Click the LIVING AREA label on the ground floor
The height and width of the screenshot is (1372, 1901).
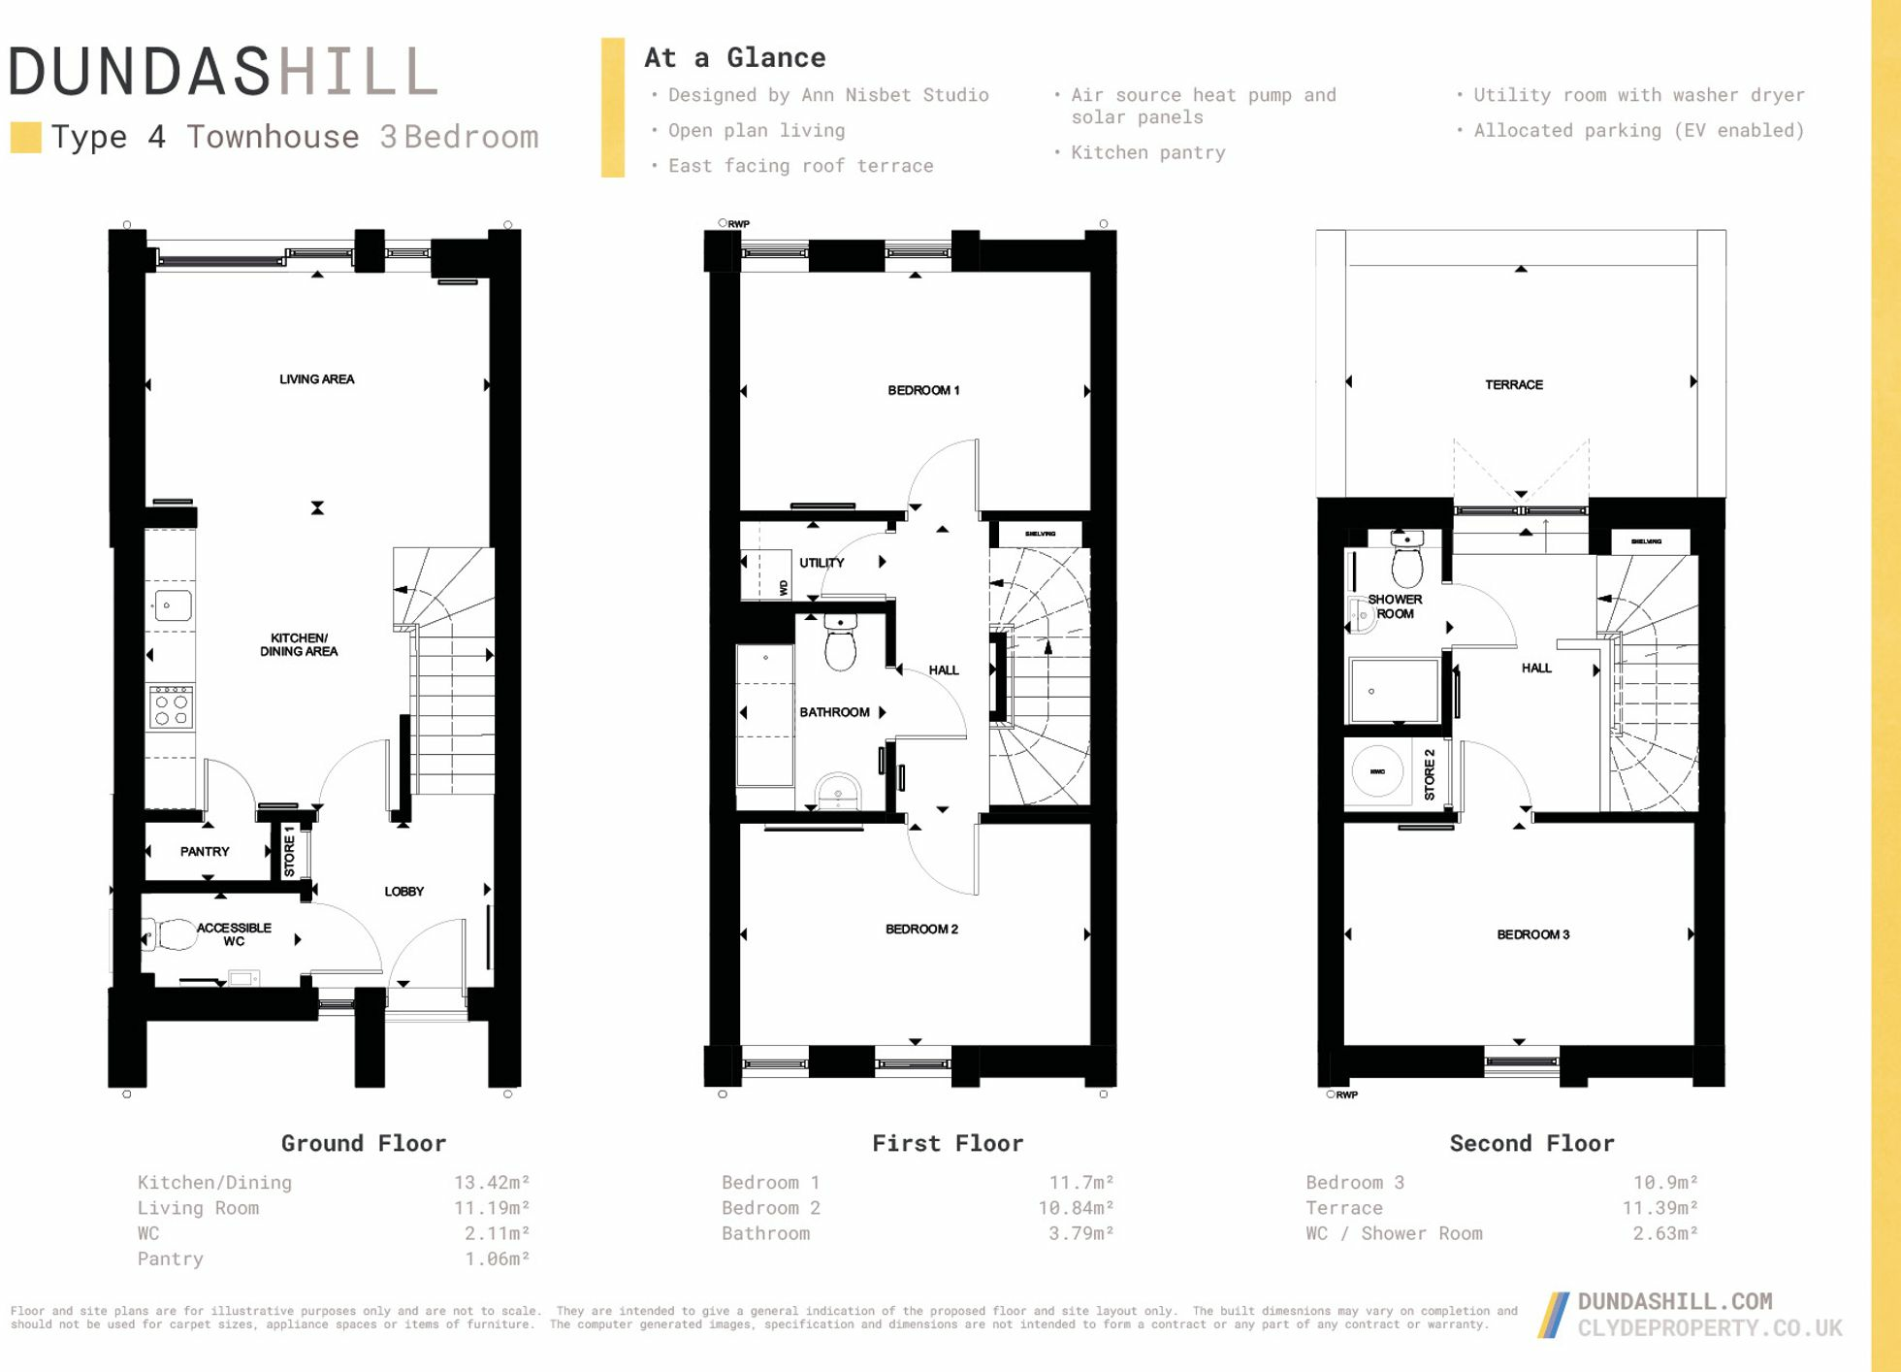(x=316, y=379)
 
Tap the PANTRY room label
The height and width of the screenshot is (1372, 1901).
(x=205, y=852)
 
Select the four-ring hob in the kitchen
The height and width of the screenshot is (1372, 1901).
(x=172, y=707)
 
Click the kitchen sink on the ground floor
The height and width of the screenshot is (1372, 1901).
(x=172, y=605)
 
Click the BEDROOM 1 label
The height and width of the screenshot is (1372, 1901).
(x=922, y=391)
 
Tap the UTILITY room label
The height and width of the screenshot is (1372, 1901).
(x=822, y=563)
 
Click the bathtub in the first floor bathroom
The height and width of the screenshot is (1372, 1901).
(x=765, y=714)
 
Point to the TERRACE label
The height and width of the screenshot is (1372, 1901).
(x=1513, y=385)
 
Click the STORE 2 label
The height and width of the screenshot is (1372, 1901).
(x=1429, y=774)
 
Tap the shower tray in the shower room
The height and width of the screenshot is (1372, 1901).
(x=1395, y=691)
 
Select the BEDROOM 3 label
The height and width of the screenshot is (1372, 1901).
(x=1532, y=935)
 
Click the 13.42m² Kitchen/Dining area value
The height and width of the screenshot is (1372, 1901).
(x=492, y=1183)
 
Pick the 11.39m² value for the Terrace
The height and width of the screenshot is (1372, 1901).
(x=1659, y=1208)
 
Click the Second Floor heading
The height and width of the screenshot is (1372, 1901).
(x=1531, y=1144)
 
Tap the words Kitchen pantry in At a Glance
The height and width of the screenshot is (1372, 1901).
(x=1147, y=153)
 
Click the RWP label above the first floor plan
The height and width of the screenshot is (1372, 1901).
(x=738, y=224)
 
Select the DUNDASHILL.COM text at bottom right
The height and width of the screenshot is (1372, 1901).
(x=1674, y=1302)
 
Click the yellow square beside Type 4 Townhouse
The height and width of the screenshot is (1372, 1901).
(x=25, y=138)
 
